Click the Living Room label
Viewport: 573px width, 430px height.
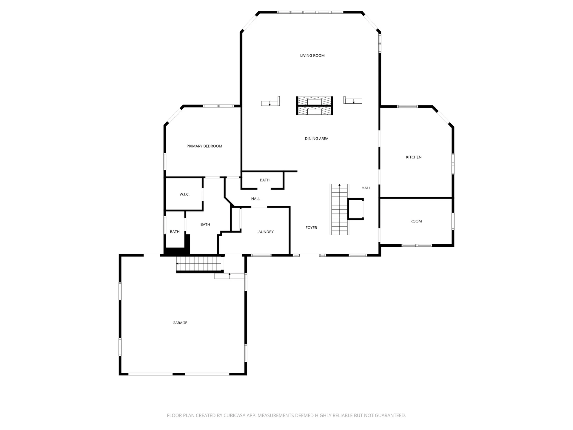click(312, 56)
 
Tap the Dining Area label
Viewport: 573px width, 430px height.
click(316, 139)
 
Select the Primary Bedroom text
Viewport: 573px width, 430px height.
click(204, 146)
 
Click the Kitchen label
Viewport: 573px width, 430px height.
click(414, 157)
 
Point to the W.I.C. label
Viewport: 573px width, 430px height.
click(184, 194)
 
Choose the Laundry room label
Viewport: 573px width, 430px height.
click(265, 232)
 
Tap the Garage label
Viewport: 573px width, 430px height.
click(180, 323)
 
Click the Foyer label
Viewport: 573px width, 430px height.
click(311, 228)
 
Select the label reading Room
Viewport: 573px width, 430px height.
click(416, 221)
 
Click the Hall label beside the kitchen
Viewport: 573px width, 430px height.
click(366, 188)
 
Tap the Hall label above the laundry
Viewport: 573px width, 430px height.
click(256, 199)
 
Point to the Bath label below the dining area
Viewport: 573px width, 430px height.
click(265, 180)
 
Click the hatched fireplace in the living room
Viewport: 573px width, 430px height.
click(315, 106)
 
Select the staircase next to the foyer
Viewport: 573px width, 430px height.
click(339, 209)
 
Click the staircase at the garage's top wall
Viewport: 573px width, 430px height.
click(199, 264)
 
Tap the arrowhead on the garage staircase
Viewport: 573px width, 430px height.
click(178, 264)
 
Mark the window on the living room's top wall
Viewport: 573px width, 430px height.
click(310, 12)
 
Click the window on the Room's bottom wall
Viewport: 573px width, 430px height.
click(417, 245)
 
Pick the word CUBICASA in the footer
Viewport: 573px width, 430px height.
click(236, 415)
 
